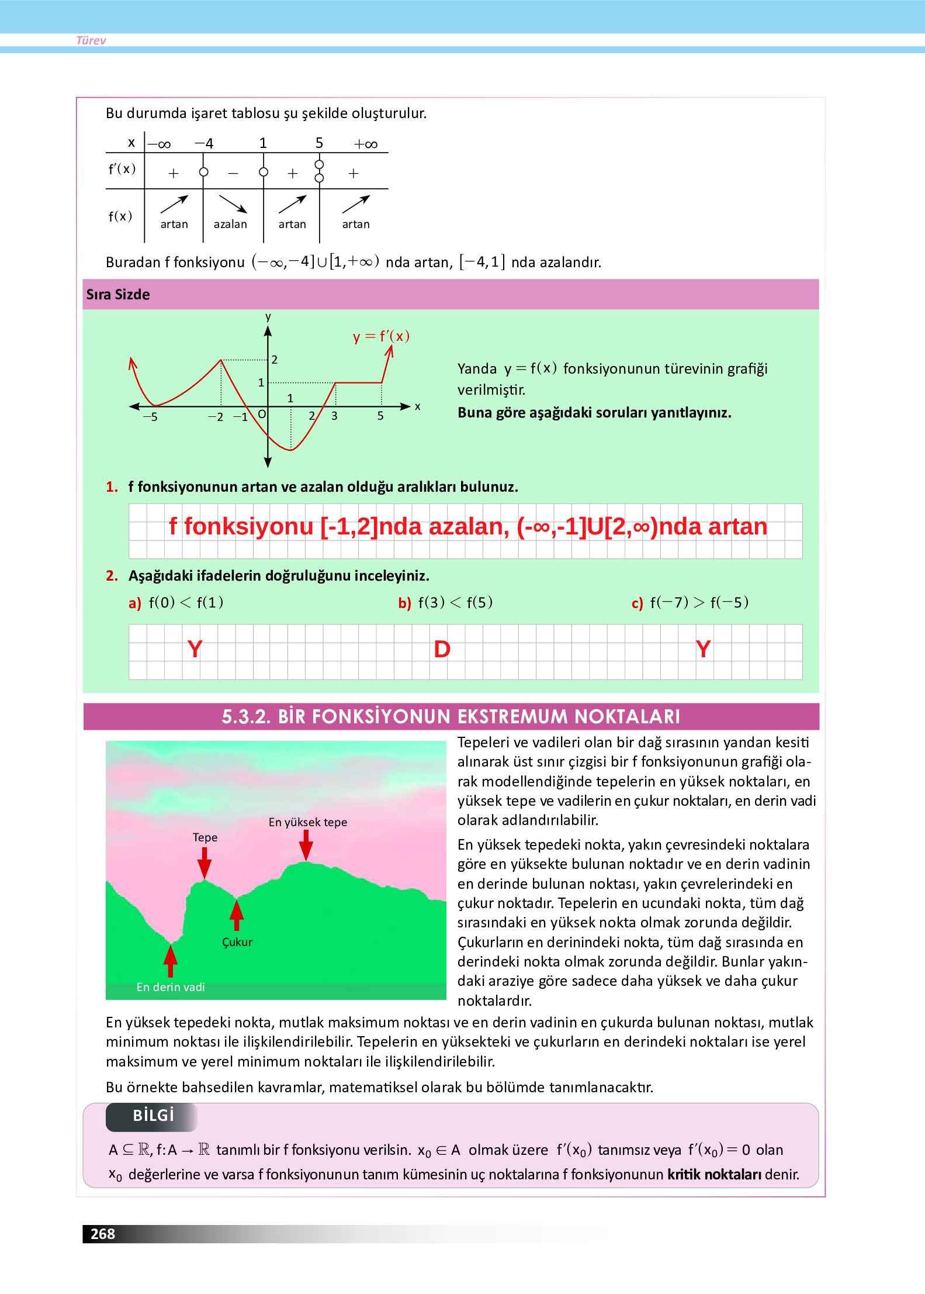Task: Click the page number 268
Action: coord(103,1234)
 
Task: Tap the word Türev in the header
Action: coord(91,40)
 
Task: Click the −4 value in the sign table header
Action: coord(204,143)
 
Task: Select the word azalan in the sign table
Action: coord(230,224)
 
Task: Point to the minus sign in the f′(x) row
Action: coord(233,174)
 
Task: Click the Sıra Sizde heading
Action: coord(118,294)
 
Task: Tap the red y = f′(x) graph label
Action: coord(381,336)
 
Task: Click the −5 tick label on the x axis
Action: coord(150,417)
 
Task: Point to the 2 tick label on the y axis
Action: coord(274,360)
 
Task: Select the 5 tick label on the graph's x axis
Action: coord(380,416)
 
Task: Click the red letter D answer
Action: coord(442,649)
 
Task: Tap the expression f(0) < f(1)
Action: coord(186,602)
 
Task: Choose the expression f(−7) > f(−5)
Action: coord(699,602)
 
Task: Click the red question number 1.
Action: coord(112,486)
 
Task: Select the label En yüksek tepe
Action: coord(307,822)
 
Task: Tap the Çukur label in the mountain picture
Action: coord(237,942)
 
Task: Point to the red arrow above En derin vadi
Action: coord(170,961)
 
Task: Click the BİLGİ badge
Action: coord(153,1116)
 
